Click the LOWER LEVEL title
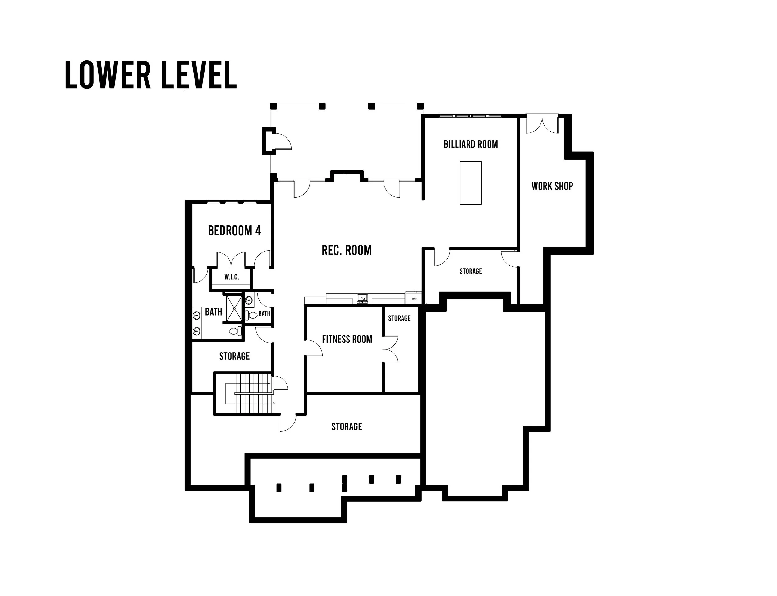tap(150, 75)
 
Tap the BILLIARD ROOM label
tap(470, 144)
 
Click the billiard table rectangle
tap(470, 183)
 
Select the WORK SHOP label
tap(552, 186)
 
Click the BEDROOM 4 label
tap(234, 231)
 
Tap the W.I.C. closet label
tap(231, 277)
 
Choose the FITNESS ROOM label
tap(347, 339)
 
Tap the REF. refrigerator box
tap(413, 297)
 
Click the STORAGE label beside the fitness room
tap(399, 318)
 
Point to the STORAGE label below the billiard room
tap(470, 271)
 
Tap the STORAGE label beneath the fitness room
tap(347, 427)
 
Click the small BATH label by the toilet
tap(264, 313)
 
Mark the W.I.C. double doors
tap(231, 260)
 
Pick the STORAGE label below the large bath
tap(234, 356)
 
